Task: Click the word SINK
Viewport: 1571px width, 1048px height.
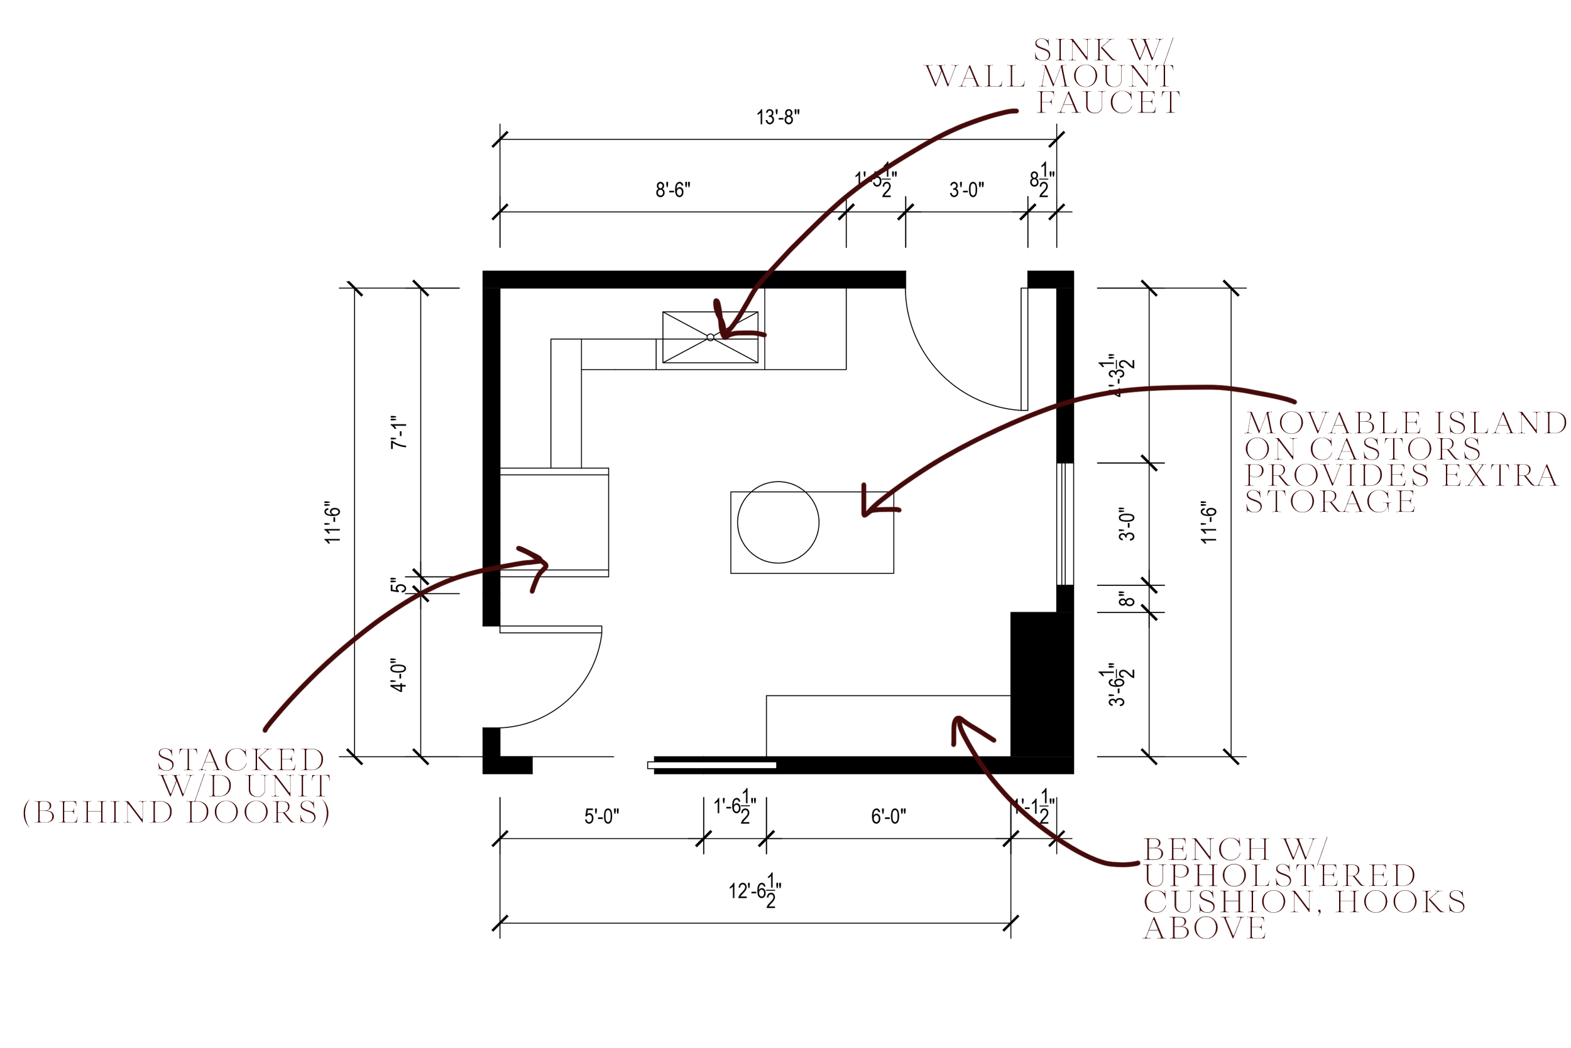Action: pos(1075,50)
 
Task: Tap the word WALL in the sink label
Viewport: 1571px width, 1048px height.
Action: pos(976,76)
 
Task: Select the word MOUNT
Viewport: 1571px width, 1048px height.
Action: pos(1107,76)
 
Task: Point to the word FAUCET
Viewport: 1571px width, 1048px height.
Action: pos(1108,102)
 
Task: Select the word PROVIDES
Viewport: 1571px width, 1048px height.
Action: pos(1337,475)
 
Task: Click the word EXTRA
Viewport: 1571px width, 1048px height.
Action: pos(1499,475)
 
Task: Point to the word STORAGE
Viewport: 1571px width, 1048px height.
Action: pos(1330,501)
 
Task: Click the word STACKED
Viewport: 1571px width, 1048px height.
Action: pos(241,760)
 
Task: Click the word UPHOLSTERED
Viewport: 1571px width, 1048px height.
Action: pos(1279,876)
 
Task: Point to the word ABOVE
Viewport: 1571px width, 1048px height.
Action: pos(1205,928)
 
